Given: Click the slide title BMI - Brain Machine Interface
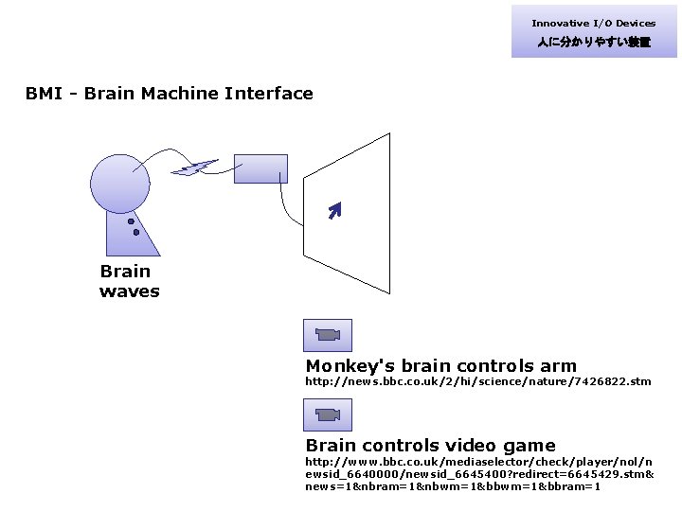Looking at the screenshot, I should tap(170, 94).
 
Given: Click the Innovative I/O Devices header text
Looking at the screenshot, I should tap(593, 24).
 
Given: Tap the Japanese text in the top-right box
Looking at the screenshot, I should tap(593, 43).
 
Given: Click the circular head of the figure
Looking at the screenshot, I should tap(120, 183).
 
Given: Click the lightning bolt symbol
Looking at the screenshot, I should tap(194, 168).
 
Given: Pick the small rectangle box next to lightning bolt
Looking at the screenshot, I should tap(260, 167).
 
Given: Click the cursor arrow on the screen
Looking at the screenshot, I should tap(332, 210).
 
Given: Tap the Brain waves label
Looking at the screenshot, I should tap(129, 281).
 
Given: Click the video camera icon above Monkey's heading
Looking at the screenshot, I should tap(327, 335).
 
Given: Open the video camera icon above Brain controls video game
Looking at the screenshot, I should tap(327, 414).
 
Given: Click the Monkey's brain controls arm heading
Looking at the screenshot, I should tap(440, 366).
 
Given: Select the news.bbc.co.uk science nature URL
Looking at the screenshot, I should tap(477, 381).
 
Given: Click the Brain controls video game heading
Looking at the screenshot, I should tap(430, 446).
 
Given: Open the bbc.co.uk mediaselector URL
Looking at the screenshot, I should tap(478, 473).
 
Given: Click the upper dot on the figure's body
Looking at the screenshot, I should tap(131, 221).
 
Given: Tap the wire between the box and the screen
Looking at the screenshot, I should tap(284, 203).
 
